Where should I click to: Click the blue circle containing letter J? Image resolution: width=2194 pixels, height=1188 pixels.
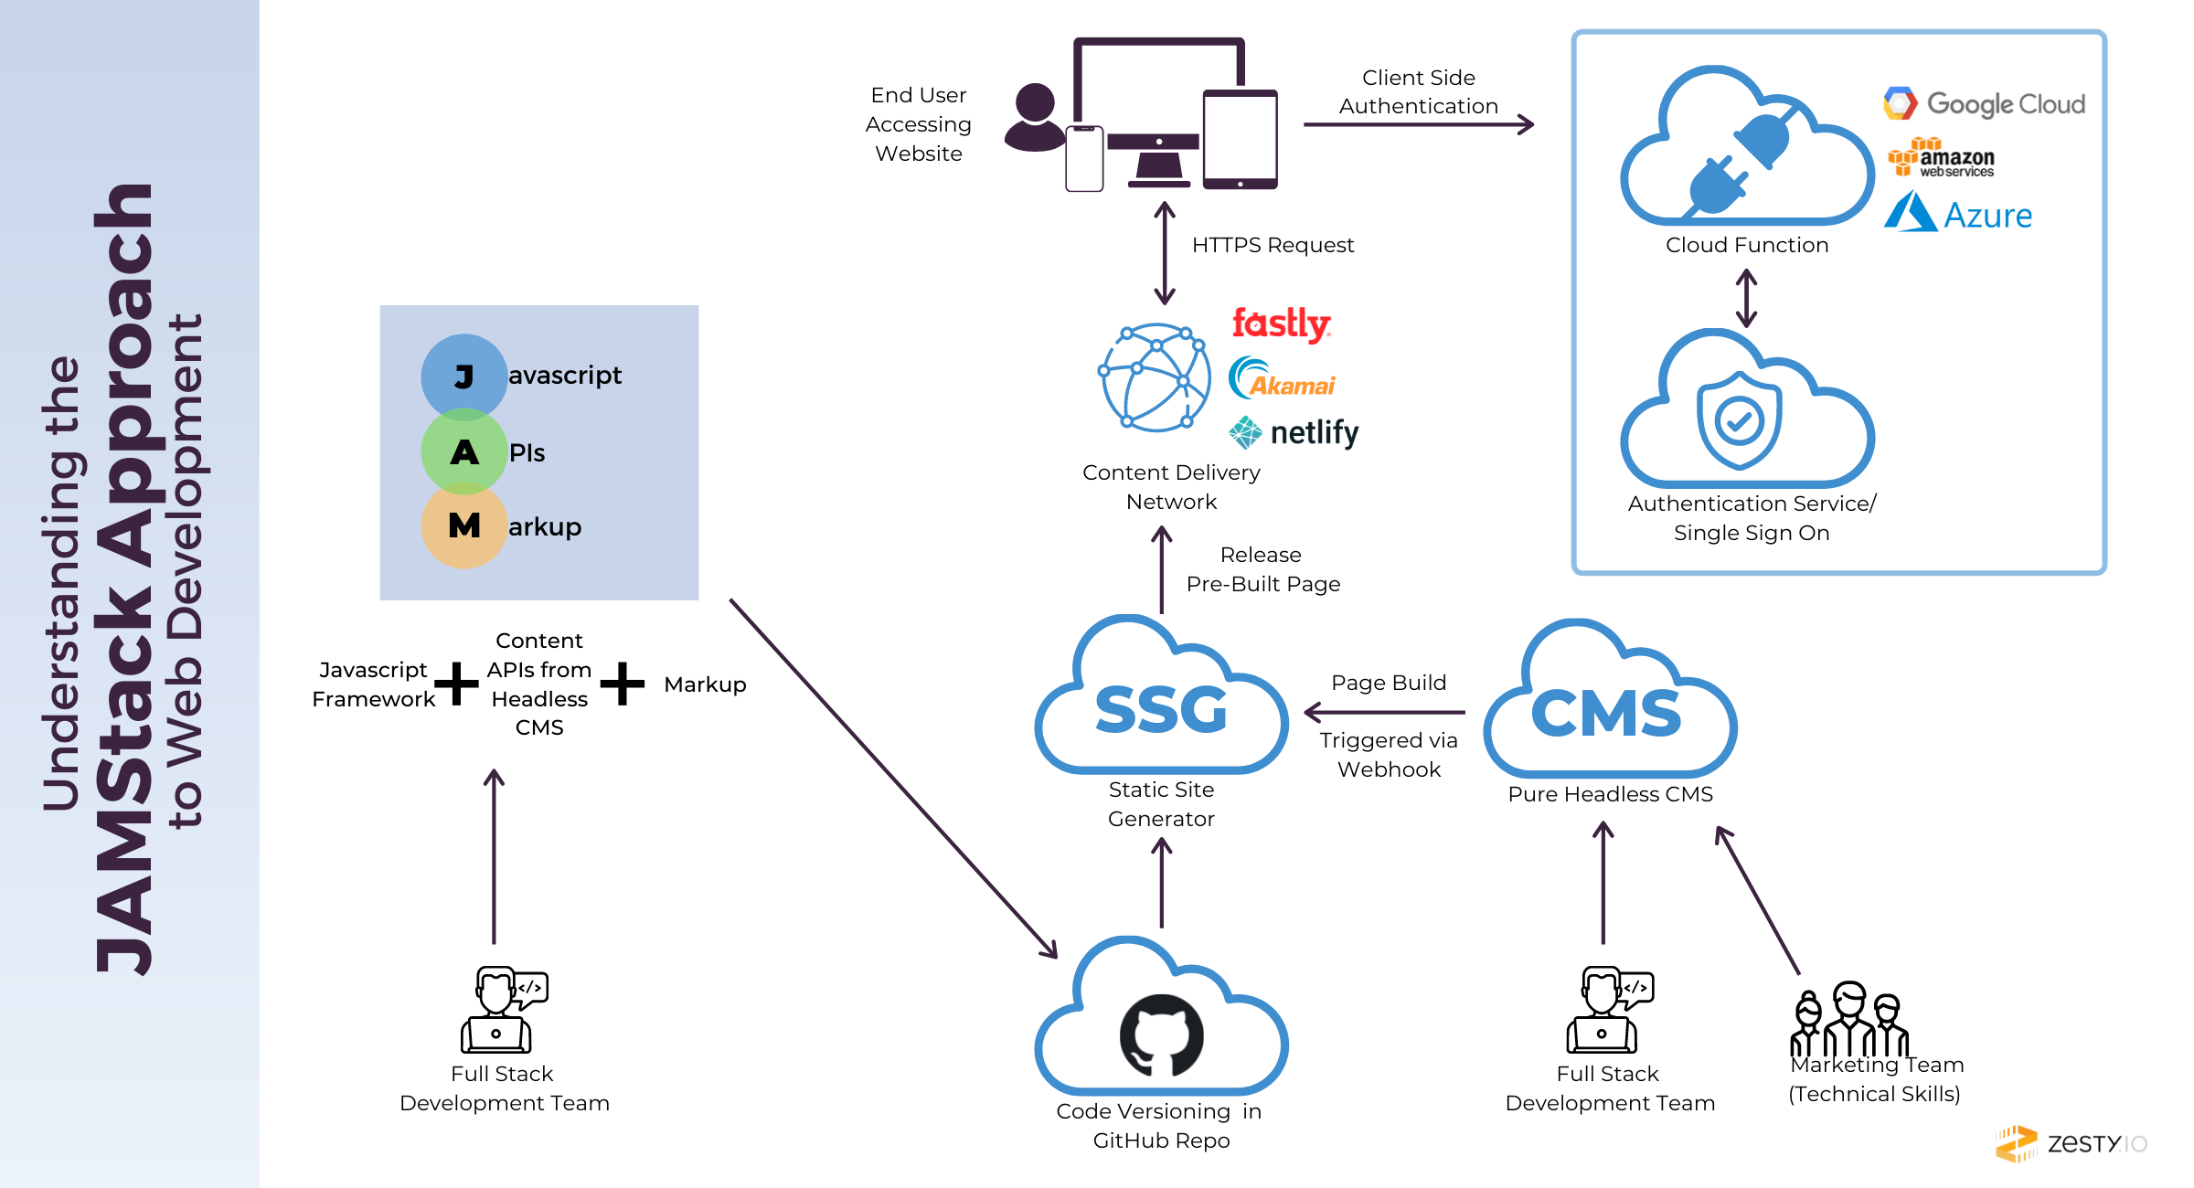[x=463, y=377]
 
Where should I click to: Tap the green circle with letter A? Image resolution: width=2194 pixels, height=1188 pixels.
[x=463, y=452]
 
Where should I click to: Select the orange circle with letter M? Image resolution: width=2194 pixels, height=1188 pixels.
[x=463, y=525]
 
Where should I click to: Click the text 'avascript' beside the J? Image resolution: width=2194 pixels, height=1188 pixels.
[x=564, y=376]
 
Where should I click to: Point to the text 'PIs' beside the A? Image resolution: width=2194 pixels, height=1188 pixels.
[x=527, y=453]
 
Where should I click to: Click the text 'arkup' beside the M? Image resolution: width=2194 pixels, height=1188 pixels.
[x=544, y=527]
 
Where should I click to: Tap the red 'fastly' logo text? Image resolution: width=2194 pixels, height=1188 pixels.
[x=1280, y=325]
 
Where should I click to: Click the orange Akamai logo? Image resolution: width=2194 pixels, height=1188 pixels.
[x=1284, y=384]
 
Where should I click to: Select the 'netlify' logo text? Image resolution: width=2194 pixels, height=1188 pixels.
[x=1298, y=431]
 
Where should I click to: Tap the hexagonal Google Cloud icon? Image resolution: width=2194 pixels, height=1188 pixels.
[x=1898, y=103]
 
